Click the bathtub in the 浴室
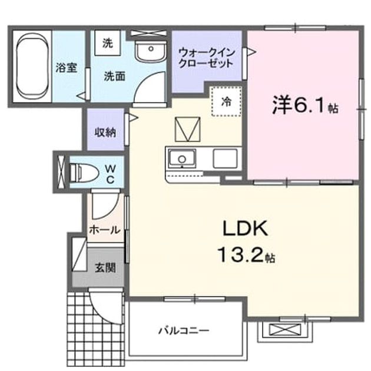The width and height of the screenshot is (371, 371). (32, 67)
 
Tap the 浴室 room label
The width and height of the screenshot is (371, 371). (66, 68)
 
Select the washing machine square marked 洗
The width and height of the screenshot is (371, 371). (108, 43)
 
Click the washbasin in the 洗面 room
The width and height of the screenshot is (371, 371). (151, 51)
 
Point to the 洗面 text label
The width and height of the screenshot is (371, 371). (114, 76)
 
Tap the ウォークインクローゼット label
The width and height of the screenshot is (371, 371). (206, 58)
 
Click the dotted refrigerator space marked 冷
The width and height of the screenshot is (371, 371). (227, 101)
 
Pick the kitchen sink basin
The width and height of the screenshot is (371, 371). (182, 158)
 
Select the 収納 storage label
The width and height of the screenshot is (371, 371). (105, 132)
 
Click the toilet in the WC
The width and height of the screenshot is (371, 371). (84, 173)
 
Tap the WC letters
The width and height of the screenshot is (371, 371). (111, 174)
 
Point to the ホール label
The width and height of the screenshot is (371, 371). (105, 230)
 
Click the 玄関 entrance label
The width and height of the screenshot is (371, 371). (105, 268)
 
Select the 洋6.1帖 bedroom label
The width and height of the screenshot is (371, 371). (305, 106)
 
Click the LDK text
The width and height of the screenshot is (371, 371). (246, 228)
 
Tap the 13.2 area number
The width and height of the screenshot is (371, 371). (240, 254)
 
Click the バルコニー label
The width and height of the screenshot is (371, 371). (184, 330)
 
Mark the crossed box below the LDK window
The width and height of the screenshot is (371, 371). (285, 329)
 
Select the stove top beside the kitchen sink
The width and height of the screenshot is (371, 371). (225, 158)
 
